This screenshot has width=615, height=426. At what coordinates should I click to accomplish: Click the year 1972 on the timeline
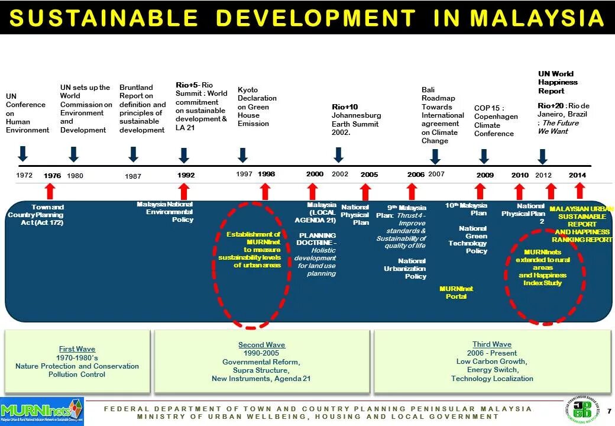pos(24,175)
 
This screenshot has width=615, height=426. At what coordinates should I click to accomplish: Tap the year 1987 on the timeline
pos(133,176)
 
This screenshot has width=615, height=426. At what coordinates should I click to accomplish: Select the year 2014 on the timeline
pos(577,175)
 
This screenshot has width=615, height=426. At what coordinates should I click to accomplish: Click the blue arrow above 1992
pos(184,155)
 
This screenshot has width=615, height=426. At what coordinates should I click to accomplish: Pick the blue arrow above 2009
pos(484,156)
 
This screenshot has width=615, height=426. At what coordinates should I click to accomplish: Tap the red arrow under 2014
pos(580,191)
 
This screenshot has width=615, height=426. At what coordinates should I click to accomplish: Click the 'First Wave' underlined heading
pos(77,349)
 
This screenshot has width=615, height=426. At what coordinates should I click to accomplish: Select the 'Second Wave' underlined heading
pos(261,345)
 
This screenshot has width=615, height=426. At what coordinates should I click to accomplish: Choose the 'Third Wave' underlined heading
pos(491,344)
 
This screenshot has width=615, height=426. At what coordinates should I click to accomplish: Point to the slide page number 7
pos(609,411)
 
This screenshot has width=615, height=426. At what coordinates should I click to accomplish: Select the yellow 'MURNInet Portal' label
pos(456,292)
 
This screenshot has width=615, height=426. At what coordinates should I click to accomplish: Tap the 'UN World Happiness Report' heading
pos(558,83)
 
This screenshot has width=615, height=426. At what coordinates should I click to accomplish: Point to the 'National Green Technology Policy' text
pos(468,239)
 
